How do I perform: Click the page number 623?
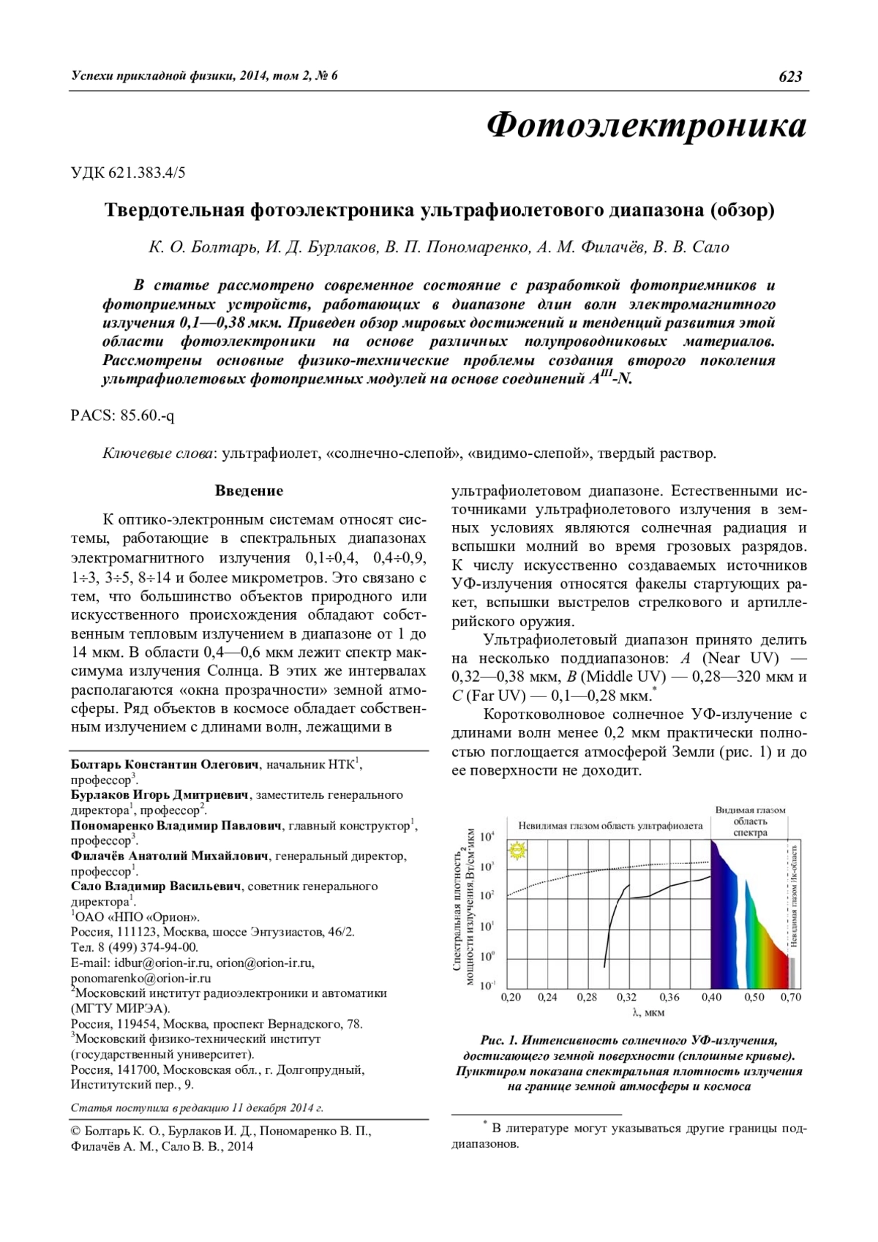(790, 77)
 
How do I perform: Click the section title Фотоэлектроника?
(647, 125)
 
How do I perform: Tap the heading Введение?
(249, 491)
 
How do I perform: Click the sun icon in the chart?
(518, 851)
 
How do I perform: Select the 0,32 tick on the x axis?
(626, 997)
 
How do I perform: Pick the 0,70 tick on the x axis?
(791, 997)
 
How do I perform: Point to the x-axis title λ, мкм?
(648, 1013)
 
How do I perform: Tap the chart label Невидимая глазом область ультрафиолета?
(610, 826)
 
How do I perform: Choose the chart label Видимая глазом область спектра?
(750, 821)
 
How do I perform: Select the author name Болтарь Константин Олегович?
(165, 764)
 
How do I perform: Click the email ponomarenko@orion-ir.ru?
(141, 979)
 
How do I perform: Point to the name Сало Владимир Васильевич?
(155, 887)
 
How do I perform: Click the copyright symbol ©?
(75, 1132)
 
